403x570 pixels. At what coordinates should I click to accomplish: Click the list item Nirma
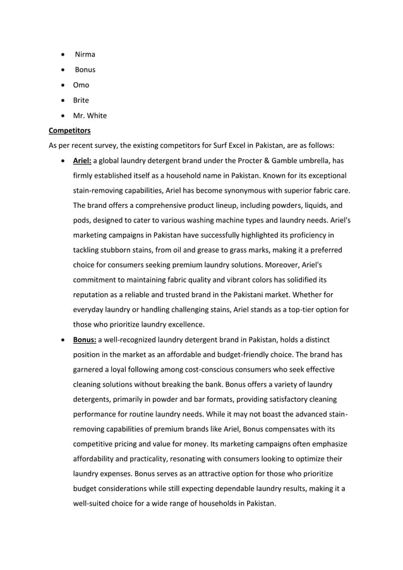pos(85,54)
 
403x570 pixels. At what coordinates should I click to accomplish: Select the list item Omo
pos(81,85)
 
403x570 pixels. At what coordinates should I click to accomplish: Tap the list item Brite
pos(81,100)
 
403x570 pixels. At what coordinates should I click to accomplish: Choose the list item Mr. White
pos(90,115)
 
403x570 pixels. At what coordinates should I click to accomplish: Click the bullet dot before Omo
pos(63,85)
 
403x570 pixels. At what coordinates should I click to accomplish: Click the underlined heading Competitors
pos(69,131)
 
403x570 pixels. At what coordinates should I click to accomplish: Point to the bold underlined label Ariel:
pos(82,161)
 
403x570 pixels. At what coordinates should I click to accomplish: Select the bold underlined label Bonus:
pos(84,340)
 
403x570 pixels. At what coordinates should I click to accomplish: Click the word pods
pos(81,221)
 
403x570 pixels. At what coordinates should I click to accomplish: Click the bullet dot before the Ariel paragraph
pos(63,161)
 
